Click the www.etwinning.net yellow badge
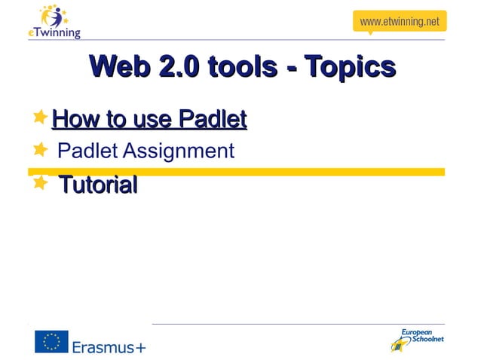399,21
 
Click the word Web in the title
121,67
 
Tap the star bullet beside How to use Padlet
41,117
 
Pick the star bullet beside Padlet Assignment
41,150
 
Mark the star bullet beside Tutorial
41,182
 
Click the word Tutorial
98,185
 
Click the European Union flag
51,342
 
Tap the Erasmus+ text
109,346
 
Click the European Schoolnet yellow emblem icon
399,345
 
